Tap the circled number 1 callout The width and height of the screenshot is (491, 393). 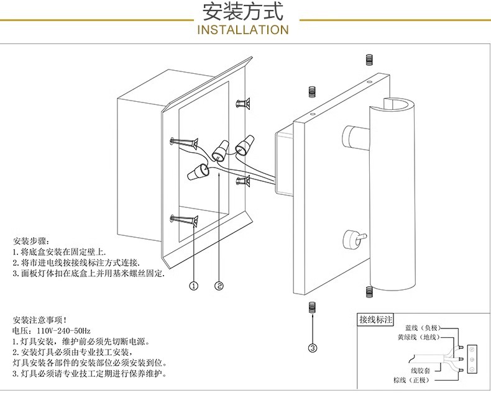(193, 286)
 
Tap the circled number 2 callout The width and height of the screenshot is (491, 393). (219, 286)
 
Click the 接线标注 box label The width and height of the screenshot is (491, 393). (375, 320)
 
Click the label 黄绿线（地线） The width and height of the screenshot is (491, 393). (419, 337)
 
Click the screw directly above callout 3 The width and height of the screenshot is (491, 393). (312, 307)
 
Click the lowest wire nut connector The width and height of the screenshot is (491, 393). (196, 172)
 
